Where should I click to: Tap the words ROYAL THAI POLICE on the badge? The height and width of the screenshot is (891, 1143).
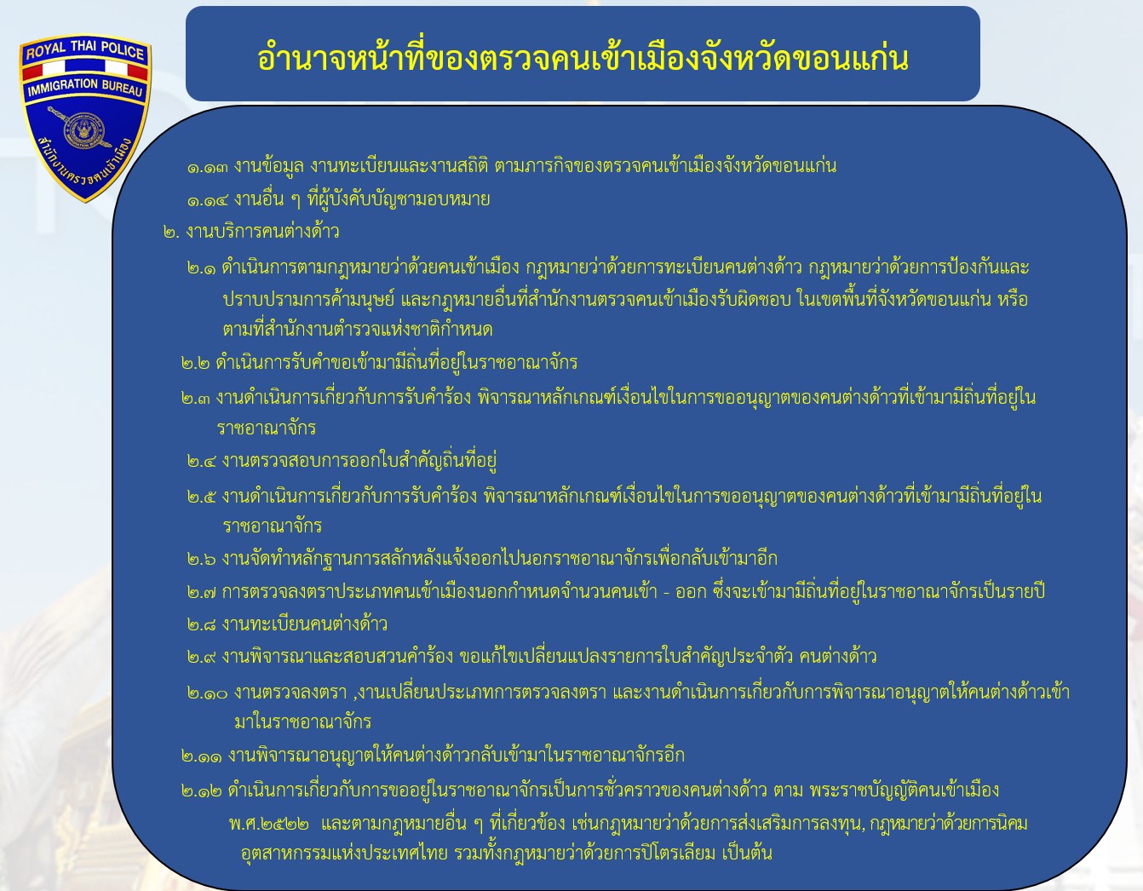click(85, 49)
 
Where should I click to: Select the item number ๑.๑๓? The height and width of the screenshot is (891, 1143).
click(208, 168)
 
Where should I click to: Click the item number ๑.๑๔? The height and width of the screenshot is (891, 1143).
click(208, 201)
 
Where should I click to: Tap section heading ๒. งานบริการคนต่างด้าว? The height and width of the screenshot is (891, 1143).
click(251, 232)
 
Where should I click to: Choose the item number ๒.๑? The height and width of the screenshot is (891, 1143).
click(202, 269)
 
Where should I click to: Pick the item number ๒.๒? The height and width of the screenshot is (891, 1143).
click(196, 364)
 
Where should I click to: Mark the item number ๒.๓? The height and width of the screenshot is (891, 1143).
click(196, 398)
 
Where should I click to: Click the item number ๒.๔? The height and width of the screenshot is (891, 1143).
click(202, 462)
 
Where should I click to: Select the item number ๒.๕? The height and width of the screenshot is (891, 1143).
click(202, 497)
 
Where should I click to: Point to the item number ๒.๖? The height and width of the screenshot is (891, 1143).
click(202, 559)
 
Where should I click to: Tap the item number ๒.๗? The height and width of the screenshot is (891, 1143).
click(202, 593)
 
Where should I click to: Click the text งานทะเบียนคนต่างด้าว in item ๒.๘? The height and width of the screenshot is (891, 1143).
click(305, 624)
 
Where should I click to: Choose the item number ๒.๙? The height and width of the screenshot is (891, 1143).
click(202, 658)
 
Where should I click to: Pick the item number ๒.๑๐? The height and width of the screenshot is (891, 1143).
click(208, 693)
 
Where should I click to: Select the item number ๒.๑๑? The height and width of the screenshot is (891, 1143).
click(202, 757)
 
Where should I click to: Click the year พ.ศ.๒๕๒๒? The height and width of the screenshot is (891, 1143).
click(269, 824)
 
